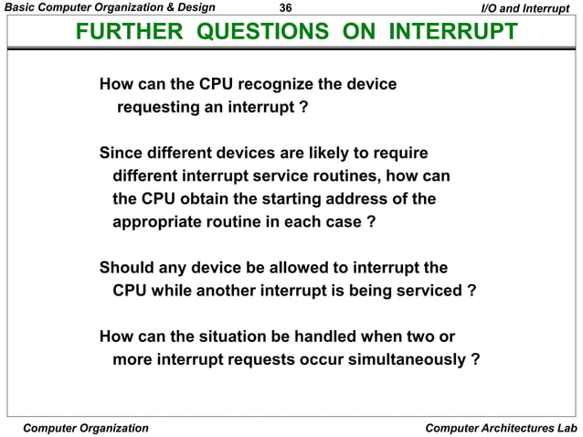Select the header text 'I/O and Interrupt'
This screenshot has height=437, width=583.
pyautogui.click(x=526, y=9)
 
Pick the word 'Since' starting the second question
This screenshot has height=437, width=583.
pyautogui.click(x=122, y=152)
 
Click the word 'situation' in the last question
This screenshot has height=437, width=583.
pyautogui.click(x=236, y=336)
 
